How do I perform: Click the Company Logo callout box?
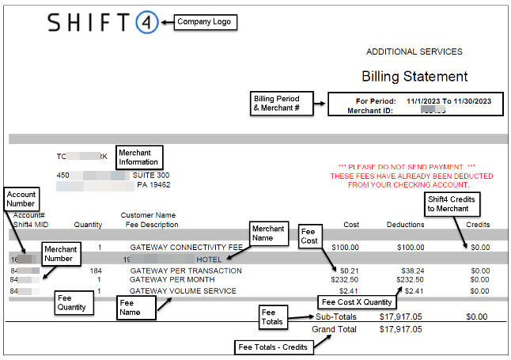click(x=204, y=21)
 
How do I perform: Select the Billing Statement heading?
click(x=414, y=77)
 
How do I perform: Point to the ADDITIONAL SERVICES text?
click(x=414, y=51)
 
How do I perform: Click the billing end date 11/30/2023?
click(x=471, y=101)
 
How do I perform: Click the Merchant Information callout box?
click(x=139, y=156)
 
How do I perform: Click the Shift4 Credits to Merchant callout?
click(x=451, y=204)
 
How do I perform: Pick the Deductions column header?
click(x=405, y=225)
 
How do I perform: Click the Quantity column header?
click(x=88, y=225)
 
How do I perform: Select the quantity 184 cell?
click(x=96, y=270)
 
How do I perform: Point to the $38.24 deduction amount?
click(x=411, y=270)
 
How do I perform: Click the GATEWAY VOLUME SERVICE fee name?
click(x=183, y=291)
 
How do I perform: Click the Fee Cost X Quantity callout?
click(x=358, y=302)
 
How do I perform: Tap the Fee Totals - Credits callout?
click(x=271, y=347)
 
